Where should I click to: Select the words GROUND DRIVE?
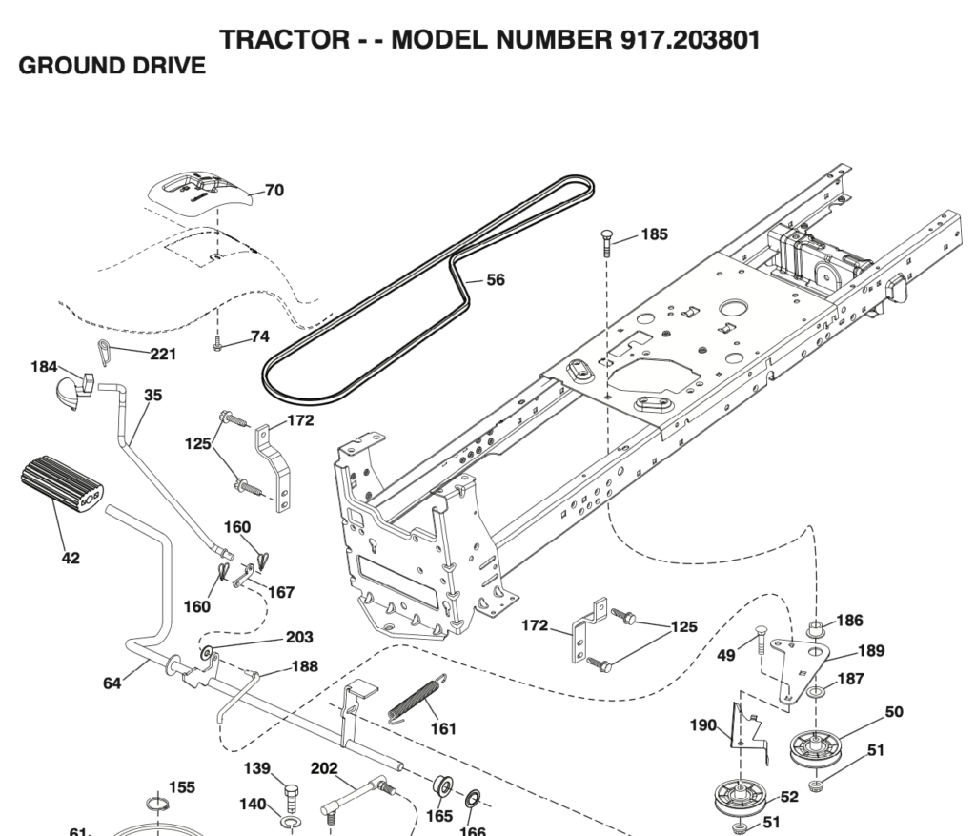click(112, 66)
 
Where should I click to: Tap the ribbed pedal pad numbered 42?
click(62, 483)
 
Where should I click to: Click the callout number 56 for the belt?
click(496, 280)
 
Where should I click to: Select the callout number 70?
click(274, 191)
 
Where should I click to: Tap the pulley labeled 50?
click(819, 746)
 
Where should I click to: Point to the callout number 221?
click(163, 355)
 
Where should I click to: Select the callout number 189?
click(870, 651)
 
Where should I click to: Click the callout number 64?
click(112, 683)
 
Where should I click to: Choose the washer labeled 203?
click(206, 654)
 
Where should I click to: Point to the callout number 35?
click(152, 395)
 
